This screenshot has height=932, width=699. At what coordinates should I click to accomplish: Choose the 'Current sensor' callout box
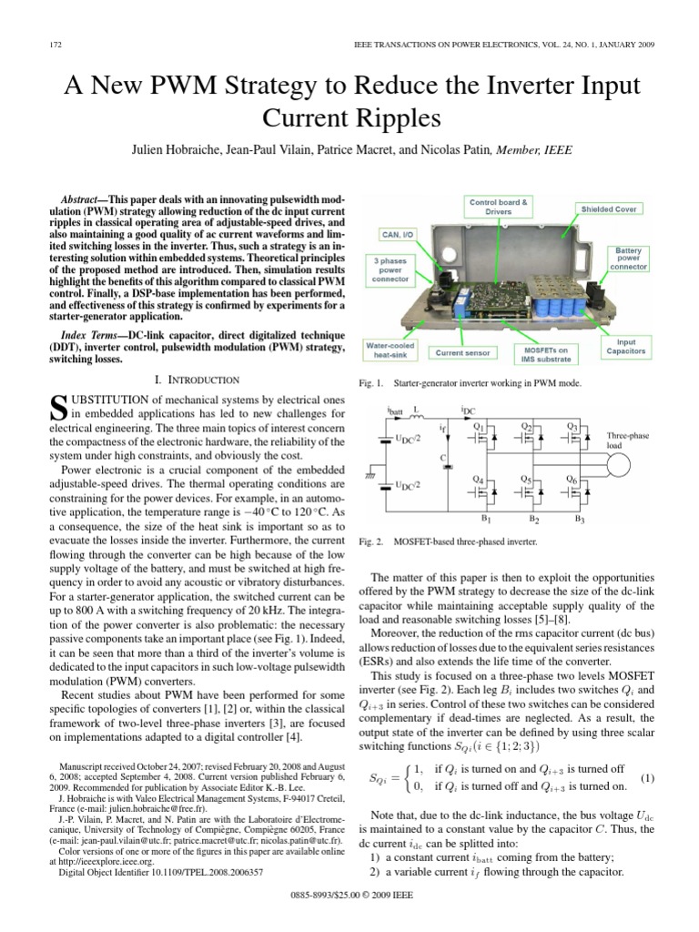coord(464,350)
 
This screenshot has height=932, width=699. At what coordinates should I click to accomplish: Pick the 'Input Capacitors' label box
coord(625,346)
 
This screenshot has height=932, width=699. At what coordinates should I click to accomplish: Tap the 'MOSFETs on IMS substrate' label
coord(548,350)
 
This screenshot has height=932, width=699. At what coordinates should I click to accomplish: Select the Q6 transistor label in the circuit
coord(572,479)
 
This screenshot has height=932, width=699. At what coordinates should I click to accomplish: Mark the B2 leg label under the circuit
coord(532,519)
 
